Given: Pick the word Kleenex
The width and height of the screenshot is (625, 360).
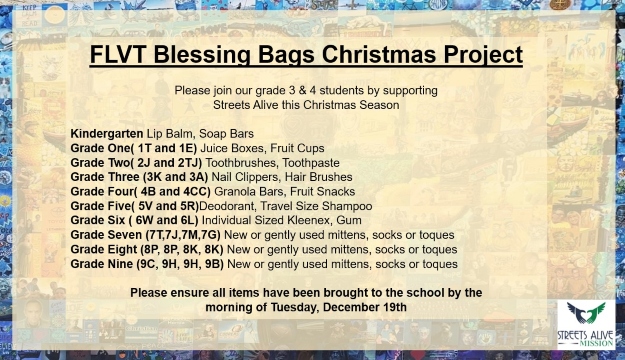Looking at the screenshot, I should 314,219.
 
